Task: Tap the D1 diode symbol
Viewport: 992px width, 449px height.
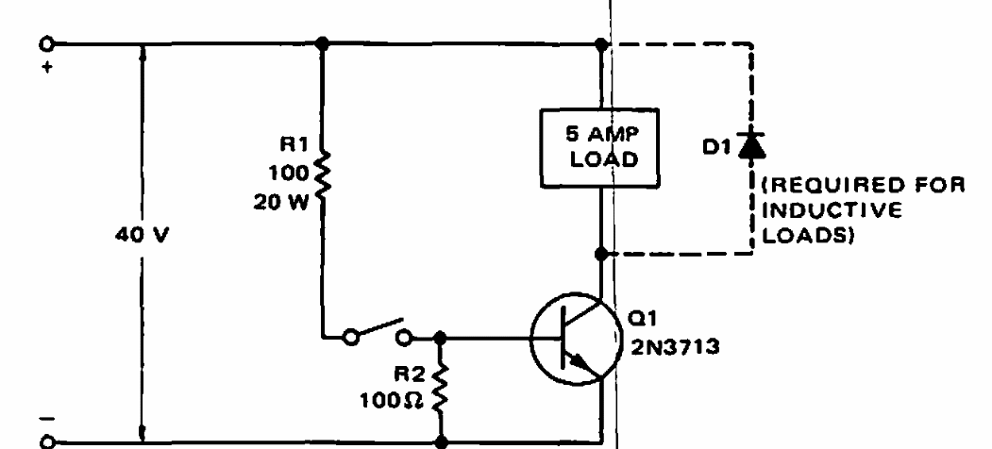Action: point(751,145)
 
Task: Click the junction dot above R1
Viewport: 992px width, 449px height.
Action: point(323,43)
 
